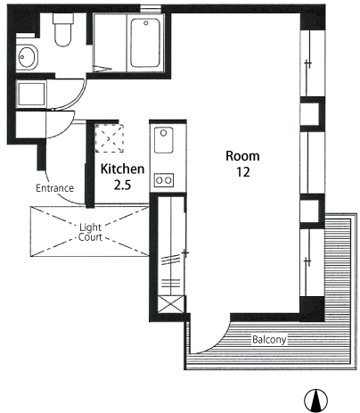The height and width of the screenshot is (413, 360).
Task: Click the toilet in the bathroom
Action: (62, 29)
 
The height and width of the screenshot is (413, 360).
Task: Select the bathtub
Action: (145, 43)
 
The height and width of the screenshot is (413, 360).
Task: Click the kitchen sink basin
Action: (163, 140)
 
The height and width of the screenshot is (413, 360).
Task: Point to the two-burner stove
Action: (164, 180)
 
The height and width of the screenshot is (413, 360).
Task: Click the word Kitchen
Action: (122, 169)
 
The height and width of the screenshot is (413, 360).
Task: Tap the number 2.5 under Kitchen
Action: (122, 186)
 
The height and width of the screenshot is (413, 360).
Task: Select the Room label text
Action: (242, 156)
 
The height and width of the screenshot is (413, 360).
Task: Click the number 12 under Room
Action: (243, 172)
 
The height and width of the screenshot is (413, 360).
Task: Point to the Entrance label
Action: (54, 188)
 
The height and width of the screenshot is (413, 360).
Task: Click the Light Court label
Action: (90, 232)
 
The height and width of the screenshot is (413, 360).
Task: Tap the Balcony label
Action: (269, 339)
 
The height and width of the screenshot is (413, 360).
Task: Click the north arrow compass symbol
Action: (315, 401)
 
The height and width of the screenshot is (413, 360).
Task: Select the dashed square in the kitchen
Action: (110, 138)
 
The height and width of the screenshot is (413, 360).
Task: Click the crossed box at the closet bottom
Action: (170, 304)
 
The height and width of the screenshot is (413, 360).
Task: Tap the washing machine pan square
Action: (31, 94)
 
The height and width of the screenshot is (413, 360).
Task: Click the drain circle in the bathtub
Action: (146, 23)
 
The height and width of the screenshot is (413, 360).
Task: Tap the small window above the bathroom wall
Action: (151, 8)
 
